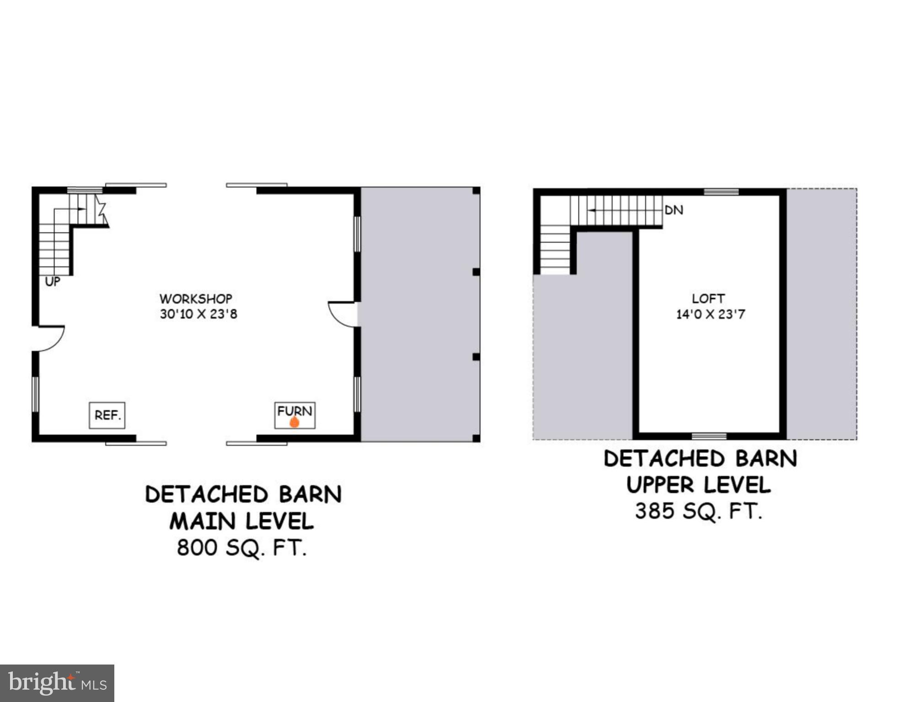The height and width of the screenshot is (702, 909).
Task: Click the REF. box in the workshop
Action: [x=107, y=415]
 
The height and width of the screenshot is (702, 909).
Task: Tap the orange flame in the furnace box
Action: [x=294, y=422]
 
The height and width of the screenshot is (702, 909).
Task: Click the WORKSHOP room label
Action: [x=196, y=299]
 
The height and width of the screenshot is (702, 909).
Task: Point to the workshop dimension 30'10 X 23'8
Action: [x=198, y=314]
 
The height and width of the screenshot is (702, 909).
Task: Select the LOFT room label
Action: [x=708, y=299]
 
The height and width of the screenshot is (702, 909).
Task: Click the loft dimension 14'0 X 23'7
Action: [x=711, y=314]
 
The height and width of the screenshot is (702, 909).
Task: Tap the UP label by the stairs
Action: [x=53, y=282]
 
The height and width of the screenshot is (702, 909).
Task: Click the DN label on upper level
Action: [x=674, y=210]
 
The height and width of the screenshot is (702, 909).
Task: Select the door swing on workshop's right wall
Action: [x=342, y=314]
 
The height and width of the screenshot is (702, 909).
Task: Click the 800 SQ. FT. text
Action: [x=242, y=548]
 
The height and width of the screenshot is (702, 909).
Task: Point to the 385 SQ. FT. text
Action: [x=699, y=511]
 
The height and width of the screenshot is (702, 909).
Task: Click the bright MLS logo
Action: [x=57, y=683]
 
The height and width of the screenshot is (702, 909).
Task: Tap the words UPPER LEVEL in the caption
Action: [x=699, y=485]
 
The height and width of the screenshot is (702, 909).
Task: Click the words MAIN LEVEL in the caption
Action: [x=242, y=521]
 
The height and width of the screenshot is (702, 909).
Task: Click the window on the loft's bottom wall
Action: [x=709, y=436]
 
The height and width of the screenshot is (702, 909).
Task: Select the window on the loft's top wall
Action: [x=721, y=191]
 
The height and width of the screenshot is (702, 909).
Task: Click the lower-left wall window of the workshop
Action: [x=35, y=394]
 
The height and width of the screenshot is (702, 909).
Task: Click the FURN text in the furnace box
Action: [x=294, y=411]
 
